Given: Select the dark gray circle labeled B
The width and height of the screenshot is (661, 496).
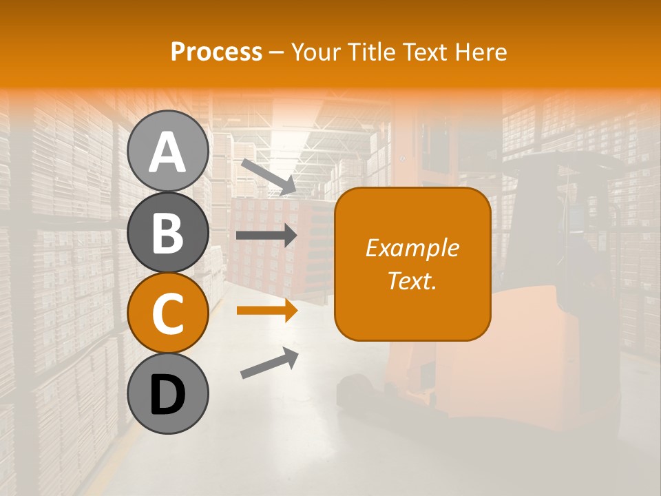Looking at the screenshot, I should (x=167, y=232).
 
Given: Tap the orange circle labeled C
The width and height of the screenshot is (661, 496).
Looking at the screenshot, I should (x=167, y=313).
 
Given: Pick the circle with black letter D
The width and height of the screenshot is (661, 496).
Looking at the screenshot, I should (x=167, y=394).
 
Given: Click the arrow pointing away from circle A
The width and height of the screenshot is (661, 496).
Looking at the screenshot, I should (x=268, y=176).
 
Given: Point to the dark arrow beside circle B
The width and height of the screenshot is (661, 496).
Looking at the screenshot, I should (x=266, y=236).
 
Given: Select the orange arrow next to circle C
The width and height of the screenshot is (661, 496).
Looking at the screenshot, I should (x=266, y=311).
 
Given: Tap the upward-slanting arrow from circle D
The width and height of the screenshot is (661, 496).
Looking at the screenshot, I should (x=269, y=363).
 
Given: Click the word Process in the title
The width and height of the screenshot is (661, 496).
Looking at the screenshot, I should (x=216, y=52).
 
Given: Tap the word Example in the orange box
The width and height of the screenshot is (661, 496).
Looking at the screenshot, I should (x=412, y=248).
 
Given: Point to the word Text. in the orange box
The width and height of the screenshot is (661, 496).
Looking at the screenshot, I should (x=412, y=280).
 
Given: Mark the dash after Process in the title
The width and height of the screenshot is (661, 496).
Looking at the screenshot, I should (x=276, y=52).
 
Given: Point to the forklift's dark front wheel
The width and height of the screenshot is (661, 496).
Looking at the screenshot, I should (x=355, y=389).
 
